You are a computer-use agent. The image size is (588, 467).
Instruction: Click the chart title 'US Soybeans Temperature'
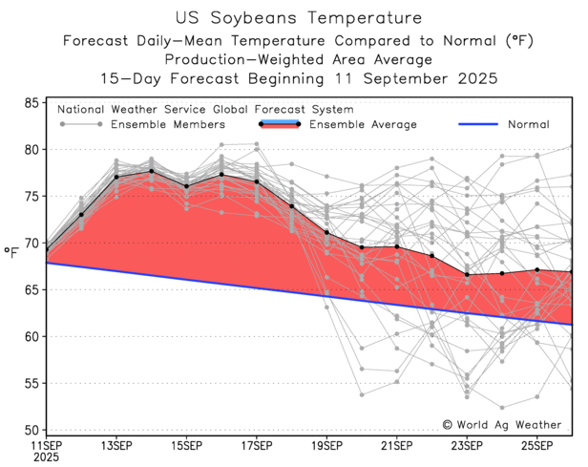(x=293, y=16)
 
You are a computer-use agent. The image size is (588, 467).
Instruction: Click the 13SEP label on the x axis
(x=115, y=446)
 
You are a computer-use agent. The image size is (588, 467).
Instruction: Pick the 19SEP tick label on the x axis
(x=326, y=446)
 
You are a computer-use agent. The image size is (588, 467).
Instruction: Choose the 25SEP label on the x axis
(x=537, y=446)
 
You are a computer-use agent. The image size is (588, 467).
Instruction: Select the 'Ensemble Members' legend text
(x=168, y=125)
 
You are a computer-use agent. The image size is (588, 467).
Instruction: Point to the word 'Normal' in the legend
(x=528, y=125)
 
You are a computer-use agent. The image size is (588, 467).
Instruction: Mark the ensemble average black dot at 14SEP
(x=151, y=172)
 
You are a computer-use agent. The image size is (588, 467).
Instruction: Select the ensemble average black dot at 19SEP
(x=327, y=232)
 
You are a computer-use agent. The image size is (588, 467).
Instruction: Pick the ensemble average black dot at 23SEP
(x=468, y=275)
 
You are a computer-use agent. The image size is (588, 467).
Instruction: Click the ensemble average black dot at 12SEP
(x=81, y=214)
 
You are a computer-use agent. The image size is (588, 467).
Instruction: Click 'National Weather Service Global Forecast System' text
(x=205, y=109)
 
